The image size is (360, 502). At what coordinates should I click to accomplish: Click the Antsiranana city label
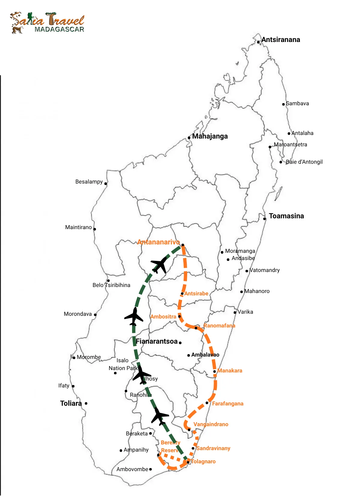(x=280, y=40)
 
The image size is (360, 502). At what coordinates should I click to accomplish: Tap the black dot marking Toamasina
(x=265, y=219)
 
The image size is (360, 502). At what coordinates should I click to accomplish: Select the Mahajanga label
(x=210, y=136)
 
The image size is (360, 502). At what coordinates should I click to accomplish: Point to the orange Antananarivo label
(x=158, y=242)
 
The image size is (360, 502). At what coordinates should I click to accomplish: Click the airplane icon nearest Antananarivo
(x=160, y=265)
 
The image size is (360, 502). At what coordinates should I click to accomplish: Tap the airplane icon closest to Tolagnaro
(x=160, y=416)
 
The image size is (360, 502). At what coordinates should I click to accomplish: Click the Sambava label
(x=297, y=103)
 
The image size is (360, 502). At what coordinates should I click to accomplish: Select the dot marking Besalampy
(x=106, y=184)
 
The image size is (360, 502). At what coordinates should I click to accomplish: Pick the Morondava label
(x=78, y=314)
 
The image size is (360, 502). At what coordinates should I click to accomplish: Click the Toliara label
(x=71, y=403)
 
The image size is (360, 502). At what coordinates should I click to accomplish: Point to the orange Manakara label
(x=229, y=371)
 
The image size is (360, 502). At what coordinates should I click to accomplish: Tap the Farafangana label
(x=227, y=404)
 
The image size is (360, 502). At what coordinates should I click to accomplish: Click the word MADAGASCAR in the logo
(x=59, y=29)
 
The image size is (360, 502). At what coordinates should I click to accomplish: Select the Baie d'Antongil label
(x=304, y=162)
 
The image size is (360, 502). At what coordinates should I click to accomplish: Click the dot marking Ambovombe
(x=150, y=469)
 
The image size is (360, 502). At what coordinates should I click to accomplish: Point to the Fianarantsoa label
(x=157, y=341)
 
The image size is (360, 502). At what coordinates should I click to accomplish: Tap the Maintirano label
(x=78, y=227)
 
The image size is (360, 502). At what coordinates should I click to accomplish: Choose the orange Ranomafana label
(x=219, y=326)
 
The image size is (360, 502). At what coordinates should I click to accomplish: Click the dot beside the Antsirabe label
(x=182, y=294)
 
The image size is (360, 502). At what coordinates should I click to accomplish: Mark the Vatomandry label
(x=265, y=270)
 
